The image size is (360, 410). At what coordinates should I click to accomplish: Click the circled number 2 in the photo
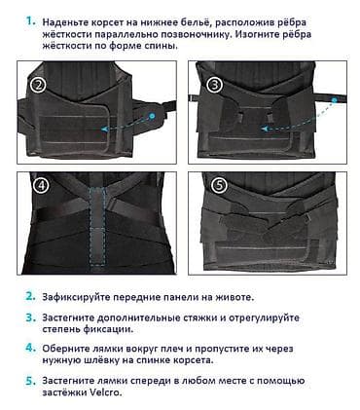[x=40, y=85]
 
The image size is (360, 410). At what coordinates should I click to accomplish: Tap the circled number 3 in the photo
[x=214, y=85]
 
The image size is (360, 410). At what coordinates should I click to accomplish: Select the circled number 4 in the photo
[x=40, y=185]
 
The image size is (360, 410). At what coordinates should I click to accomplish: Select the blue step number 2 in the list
[x=30, y=295]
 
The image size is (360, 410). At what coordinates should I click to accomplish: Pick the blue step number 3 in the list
[x=30, y=317]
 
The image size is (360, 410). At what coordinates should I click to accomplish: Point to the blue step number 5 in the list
[x=30, y=382]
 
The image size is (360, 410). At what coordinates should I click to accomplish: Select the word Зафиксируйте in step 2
[x=84, y=296]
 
